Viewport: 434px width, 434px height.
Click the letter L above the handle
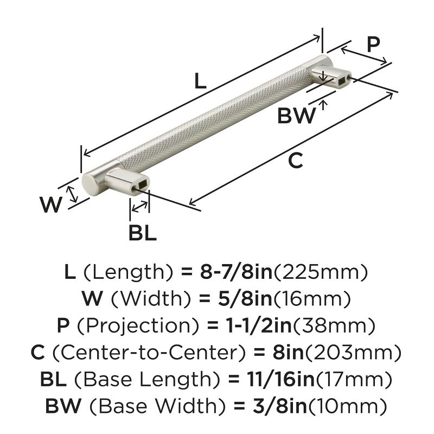point(200,81)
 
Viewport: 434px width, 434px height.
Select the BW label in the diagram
point(296,116)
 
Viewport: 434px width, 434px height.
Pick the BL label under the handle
point(142,233)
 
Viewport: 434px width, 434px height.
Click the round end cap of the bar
point(88,186)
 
